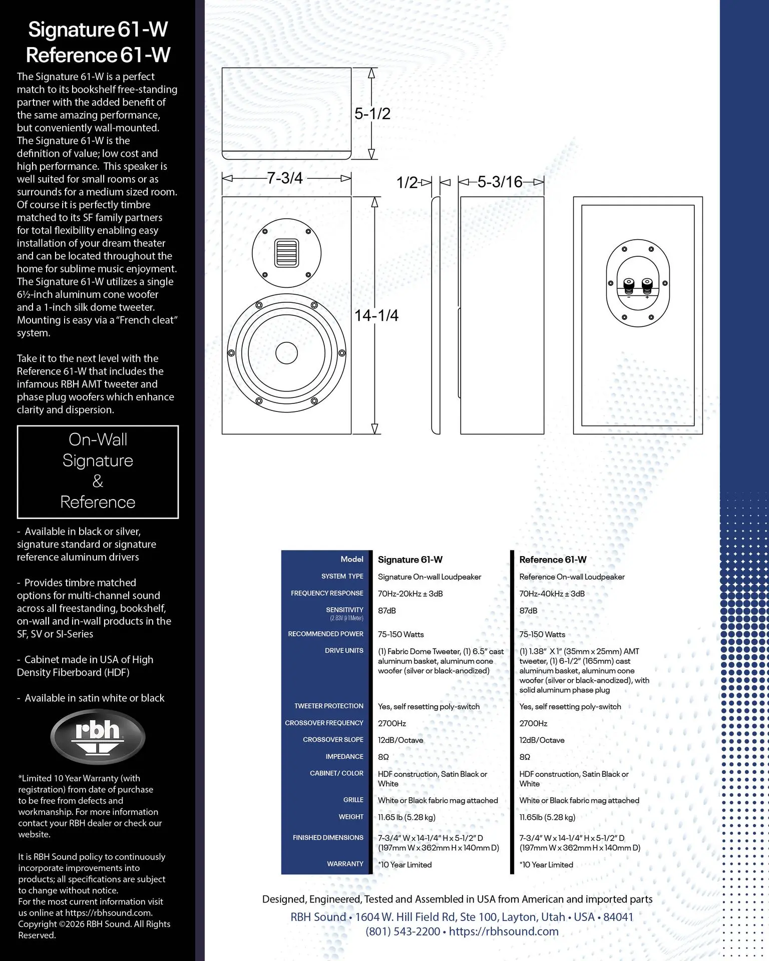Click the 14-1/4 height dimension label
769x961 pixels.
coord(376,315)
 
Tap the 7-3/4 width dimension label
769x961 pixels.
coord(285,178)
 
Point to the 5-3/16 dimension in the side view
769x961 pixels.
coord(500,182)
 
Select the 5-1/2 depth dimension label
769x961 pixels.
coord(372,114)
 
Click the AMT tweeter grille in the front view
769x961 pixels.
coord(286,253)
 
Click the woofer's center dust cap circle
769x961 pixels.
coord(286,353)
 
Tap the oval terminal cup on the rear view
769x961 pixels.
coord(637,283)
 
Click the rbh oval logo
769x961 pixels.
coord(98,736)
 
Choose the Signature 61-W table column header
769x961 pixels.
coord(410,560)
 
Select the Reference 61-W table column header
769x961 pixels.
coord(553,560)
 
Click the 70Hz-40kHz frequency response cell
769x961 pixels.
coord(552,594)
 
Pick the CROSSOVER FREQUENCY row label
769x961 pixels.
coord(324,723)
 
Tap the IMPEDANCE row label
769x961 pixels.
coord(344,756)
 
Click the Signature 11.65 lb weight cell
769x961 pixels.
coord(407,817)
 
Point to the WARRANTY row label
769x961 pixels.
coord(345,864)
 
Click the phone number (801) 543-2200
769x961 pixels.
coord(403,931)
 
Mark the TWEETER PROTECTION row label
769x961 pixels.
coord(328,706)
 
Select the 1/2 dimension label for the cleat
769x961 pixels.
coord(407,182)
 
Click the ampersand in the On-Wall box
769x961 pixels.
coord(98,481)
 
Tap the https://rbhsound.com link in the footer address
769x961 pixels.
coord(504,931)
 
